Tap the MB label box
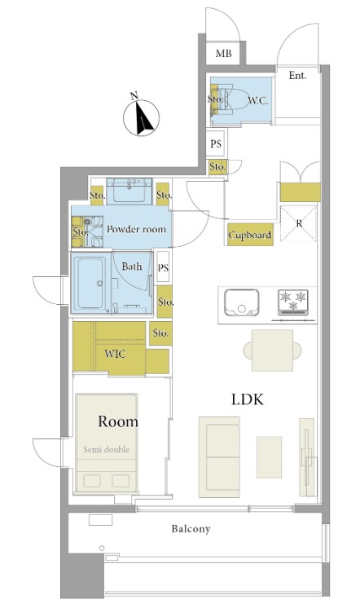pos(224,53)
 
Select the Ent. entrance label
pos(297,75)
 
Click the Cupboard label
pos(250,235)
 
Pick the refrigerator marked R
pos(299,224)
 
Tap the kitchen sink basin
pos(242,302)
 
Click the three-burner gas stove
pos(293,302)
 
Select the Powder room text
pos(136,229)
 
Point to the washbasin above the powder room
pos(130,191)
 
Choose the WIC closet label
pos(115,354)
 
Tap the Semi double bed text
pos(106,450)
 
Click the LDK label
pos(248,399)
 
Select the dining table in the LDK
pos(272,350)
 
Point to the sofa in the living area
pos(219,457)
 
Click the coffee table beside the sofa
pos(269,457)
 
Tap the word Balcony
pos(191,528)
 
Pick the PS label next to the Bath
pos(163,267)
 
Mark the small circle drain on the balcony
pos(102,548)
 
